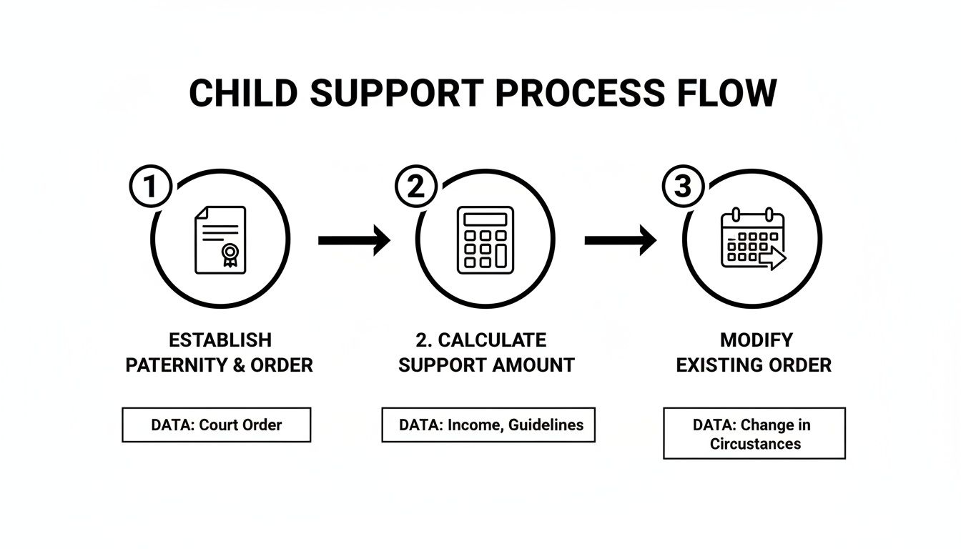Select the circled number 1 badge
pos(150,187)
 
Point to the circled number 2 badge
pos(415,187)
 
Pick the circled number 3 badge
pos(683,187)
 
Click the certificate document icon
pos(220,239)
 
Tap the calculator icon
pos(486,239)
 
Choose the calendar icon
pos(752,239)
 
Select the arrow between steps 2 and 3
pos(620,241)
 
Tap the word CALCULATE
pos(491,340)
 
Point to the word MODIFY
pos(756,340)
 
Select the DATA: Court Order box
pos(216,425)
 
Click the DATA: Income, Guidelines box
pos(488,425)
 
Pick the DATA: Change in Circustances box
pos(754,433)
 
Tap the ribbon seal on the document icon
pos(230,253)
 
